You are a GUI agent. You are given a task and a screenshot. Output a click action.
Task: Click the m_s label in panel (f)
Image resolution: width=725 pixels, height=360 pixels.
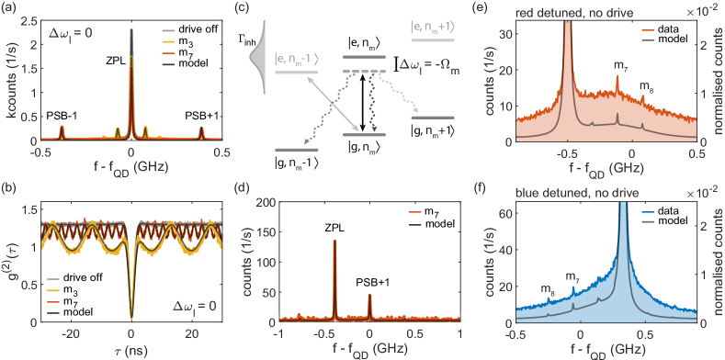pyautogui.click(x=547, y=289)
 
